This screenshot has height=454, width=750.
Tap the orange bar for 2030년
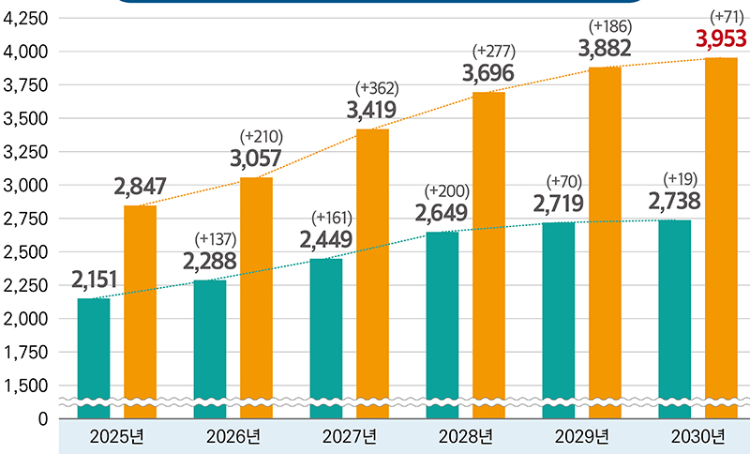point(721,235)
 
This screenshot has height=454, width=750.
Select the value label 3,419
point(371,111)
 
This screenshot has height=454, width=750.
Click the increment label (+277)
point(494,50)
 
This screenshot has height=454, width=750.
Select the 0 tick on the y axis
point(42,418)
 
